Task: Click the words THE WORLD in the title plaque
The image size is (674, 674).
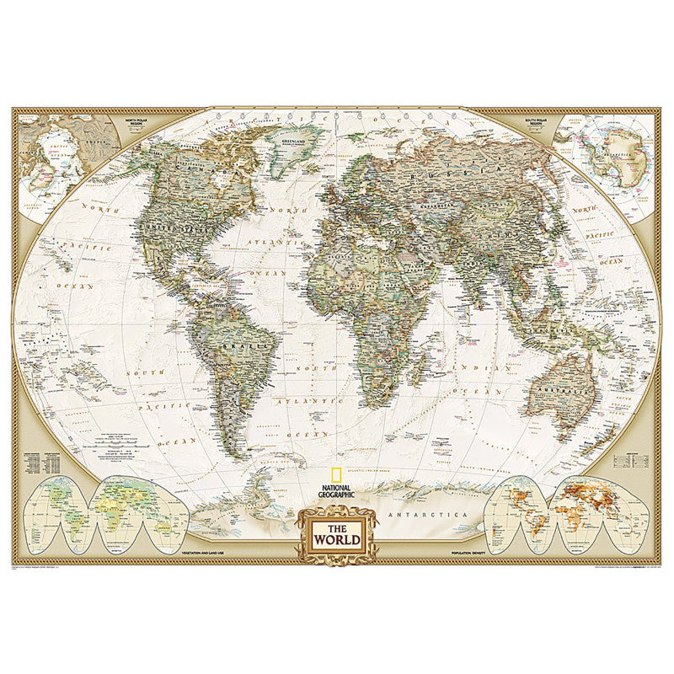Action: point(336,538)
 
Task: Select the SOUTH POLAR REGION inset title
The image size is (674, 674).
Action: point(536,122)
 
